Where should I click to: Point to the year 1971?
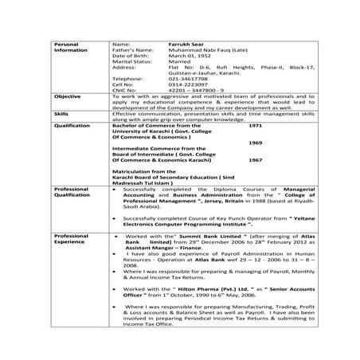255,125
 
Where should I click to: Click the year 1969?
255,142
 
